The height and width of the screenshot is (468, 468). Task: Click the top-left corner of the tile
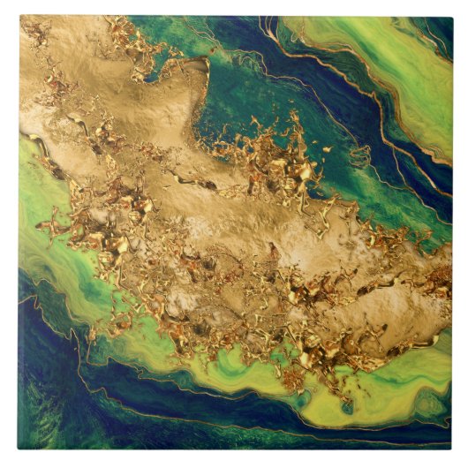(x=19, y=15)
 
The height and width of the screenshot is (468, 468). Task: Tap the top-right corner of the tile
(x=452, y=15)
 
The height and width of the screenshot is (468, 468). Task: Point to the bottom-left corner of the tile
(x=19, y=449)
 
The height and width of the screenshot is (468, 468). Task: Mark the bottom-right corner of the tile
(x=452, y=449)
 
